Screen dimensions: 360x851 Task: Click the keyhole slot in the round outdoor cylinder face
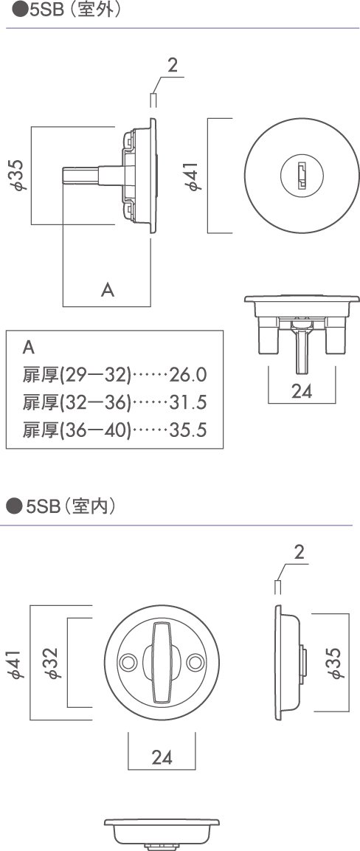click(x=301, y=174)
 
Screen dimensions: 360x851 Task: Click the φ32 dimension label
click(x=53, y=662)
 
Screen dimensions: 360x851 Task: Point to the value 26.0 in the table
click(x=188, y=375)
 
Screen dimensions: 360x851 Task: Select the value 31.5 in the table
click(x=188, y=403)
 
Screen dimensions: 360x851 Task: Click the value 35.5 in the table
click(x=188, y=430)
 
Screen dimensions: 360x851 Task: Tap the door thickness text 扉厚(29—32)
click(x=77, y=375)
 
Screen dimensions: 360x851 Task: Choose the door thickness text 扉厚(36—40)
click(x=77, y=430)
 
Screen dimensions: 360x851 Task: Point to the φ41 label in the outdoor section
click(x=193, y=176)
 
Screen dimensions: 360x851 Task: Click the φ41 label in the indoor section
click(x=16, y=662)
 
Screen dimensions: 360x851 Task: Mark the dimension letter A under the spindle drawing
click(x=108, y=290)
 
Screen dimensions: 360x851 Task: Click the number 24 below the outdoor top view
click(x=302, y=391)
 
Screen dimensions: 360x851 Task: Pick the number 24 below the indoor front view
click(x=162, y=757)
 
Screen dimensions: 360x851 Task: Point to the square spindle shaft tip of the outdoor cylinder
click(x=66, y=176)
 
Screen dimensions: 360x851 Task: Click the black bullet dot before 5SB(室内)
click(x=12, y=507)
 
